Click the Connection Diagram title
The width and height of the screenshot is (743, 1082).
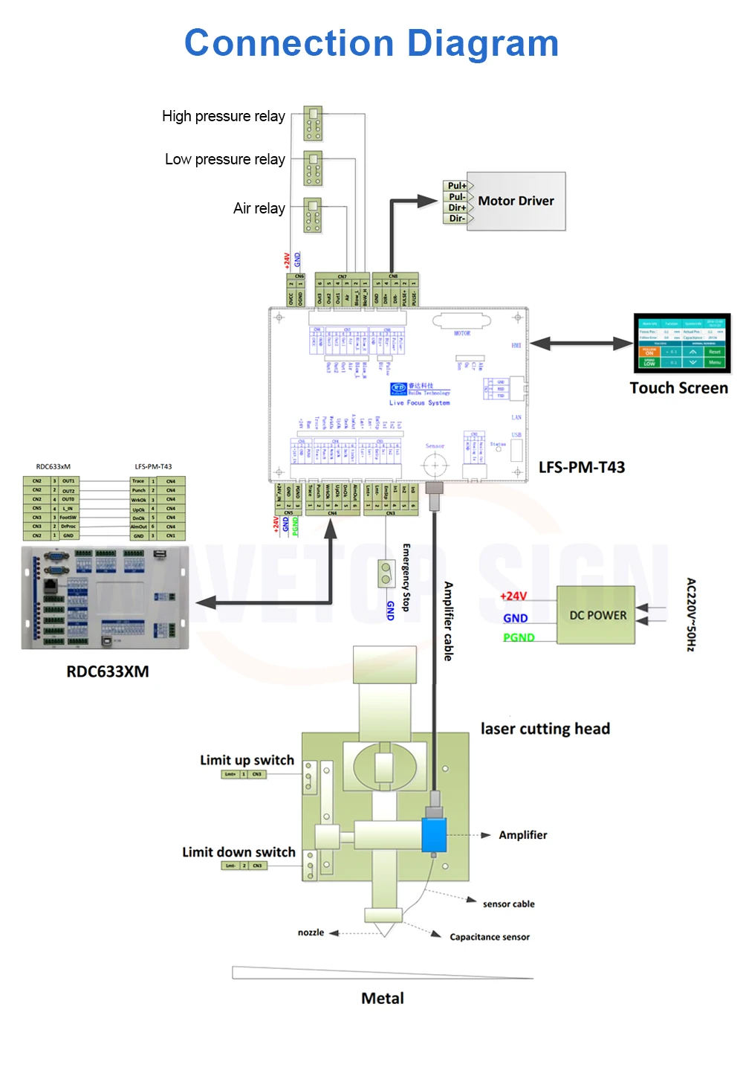[x=371, y=43]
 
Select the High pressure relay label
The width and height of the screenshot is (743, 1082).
[x=223, y=116]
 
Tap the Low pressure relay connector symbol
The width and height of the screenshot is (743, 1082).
[x=313, y=168]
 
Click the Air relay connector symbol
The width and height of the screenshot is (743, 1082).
[x=313, y=215]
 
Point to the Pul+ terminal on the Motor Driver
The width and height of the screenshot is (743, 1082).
[x=457, y=186]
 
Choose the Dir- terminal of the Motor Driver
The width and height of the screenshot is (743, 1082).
[x=457, y=219]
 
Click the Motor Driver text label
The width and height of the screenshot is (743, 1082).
[x=516, y=201]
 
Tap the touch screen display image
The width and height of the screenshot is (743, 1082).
[x=682, y=343]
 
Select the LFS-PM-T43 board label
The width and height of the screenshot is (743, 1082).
[x=581, y=467]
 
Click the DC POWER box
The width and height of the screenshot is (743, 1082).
[x=597, y=615]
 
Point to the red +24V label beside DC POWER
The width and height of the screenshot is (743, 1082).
[x=513, y=596]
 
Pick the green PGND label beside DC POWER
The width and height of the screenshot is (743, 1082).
[x=518, y=637]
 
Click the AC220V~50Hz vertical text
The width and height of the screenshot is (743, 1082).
[x=690, y=615]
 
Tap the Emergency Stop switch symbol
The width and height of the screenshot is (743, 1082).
[x=386, y=573]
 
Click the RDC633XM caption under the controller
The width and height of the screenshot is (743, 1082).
[x=108, y=672]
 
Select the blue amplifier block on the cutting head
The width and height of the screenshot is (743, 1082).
[x=434, y=834]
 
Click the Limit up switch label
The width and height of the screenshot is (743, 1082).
[x=247, y=760]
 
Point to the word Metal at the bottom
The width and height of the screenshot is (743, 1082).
[x=383, y=998]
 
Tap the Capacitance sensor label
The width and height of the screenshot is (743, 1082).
[x=490, y=937]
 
